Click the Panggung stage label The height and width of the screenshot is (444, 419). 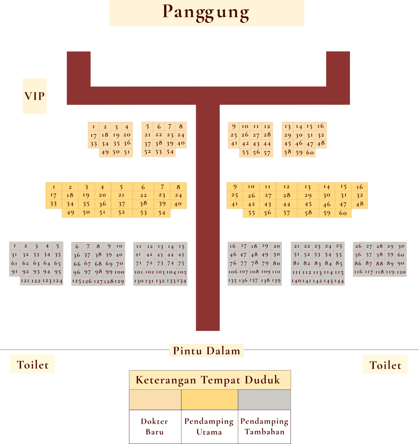(207, 13)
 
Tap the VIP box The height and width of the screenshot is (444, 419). (35, 96)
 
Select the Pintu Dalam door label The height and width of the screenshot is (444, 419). (206, 351)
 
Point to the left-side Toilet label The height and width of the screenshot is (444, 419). (33, 365)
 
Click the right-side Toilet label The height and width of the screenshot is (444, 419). (385, 365)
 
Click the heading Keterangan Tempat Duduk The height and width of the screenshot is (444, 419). (208, 380)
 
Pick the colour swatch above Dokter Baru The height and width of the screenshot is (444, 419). (155, 399)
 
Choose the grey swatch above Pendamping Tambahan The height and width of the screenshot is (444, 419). (264, 399)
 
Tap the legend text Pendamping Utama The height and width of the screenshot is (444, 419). (209, 426)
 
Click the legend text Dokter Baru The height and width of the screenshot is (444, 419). (154, 426)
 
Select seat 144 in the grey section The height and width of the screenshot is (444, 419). (339, 281)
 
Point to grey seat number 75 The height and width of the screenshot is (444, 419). (181, 263)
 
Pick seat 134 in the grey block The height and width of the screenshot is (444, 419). (182, 281)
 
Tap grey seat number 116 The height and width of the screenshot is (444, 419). (358, 272)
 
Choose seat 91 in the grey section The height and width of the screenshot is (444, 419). (15, 272)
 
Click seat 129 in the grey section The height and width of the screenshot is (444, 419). (119, 281)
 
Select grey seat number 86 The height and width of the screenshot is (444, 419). (358, 263)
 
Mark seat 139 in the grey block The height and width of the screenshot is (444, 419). (276, 281)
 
